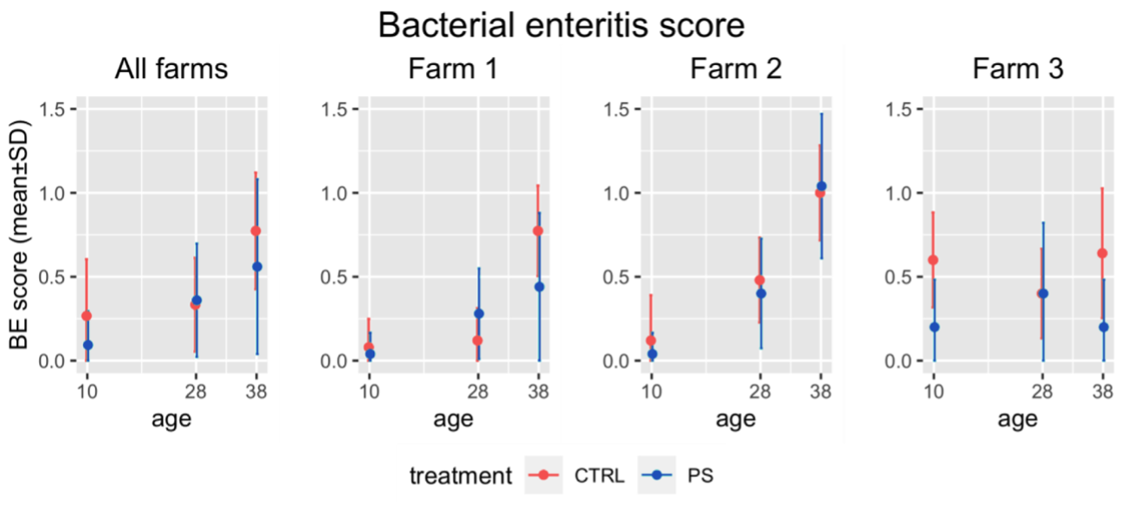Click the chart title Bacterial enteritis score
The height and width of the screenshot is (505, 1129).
[x=561, y=26]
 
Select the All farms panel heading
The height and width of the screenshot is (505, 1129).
[x=171, y=69]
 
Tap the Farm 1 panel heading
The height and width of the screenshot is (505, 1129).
[x=454, y=69]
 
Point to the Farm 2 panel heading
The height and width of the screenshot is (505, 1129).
[x=736, y=69]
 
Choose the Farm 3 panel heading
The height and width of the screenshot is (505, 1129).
[x=1017, y=69]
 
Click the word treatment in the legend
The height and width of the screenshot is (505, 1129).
[x=461, y=476]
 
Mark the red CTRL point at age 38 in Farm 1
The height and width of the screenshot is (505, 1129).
[x=538, y=231]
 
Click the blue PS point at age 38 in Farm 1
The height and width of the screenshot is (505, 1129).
[x=539, y=287]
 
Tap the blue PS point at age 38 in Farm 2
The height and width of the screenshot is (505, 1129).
[x=821, y=186]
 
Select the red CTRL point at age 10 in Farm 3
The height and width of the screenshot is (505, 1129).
[x=932, y=260]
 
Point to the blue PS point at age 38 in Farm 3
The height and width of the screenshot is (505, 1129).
[x=1104, y=327]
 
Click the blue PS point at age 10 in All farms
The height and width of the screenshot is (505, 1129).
[x=87, y=346]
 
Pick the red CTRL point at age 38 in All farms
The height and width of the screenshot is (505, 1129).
[x=255, y=231]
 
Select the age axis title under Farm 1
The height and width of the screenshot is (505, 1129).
[x=454, y=420]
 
